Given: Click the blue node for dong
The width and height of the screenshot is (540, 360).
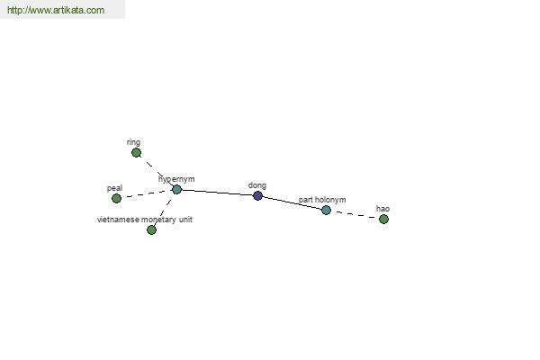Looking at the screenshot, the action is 257,195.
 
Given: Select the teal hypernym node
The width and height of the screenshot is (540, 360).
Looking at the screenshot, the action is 176,189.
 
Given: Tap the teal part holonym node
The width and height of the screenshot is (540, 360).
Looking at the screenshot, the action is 326,210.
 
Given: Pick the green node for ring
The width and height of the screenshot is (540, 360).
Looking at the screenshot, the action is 137,152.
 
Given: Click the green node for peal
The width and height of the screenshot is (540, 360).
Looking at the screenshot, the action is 116,198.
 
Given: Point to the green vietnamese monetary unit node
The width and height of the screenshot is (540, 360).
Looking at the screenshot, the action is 151,229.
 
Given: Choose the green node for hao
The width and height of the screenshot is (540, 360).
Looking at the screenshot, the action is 383,219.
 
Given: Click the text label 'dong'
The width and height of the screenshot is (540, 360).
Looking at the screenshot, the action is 257,185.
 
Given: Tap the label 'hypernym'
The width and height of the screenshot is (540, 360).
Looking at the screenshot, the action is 176,179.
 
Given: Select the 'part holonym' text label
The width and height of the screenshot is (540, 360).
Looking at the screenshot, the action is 322,200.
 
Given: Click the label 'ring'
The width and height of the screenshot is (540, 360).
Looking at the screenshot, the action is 133,142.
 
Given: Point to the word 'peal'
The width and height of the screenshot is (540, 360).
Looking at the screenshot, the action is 114,188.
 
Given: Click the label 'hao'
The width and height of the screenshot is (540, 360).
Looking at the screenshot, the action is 382,209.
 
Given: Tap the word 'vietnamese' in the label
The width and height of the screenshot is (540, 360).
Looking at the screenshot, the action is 118,220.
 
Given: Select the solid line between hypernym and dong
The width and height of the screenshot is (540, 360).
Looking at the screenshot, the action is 217,193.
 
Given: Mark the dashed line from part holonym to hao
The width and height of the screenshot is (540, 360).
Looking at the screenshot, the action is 355,214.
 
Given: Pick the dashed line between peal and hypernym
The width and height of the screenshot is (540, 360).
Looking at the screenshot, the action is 147,193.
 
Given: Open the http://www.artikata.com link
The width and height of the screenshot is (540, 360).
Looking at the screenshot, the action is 56,10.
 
